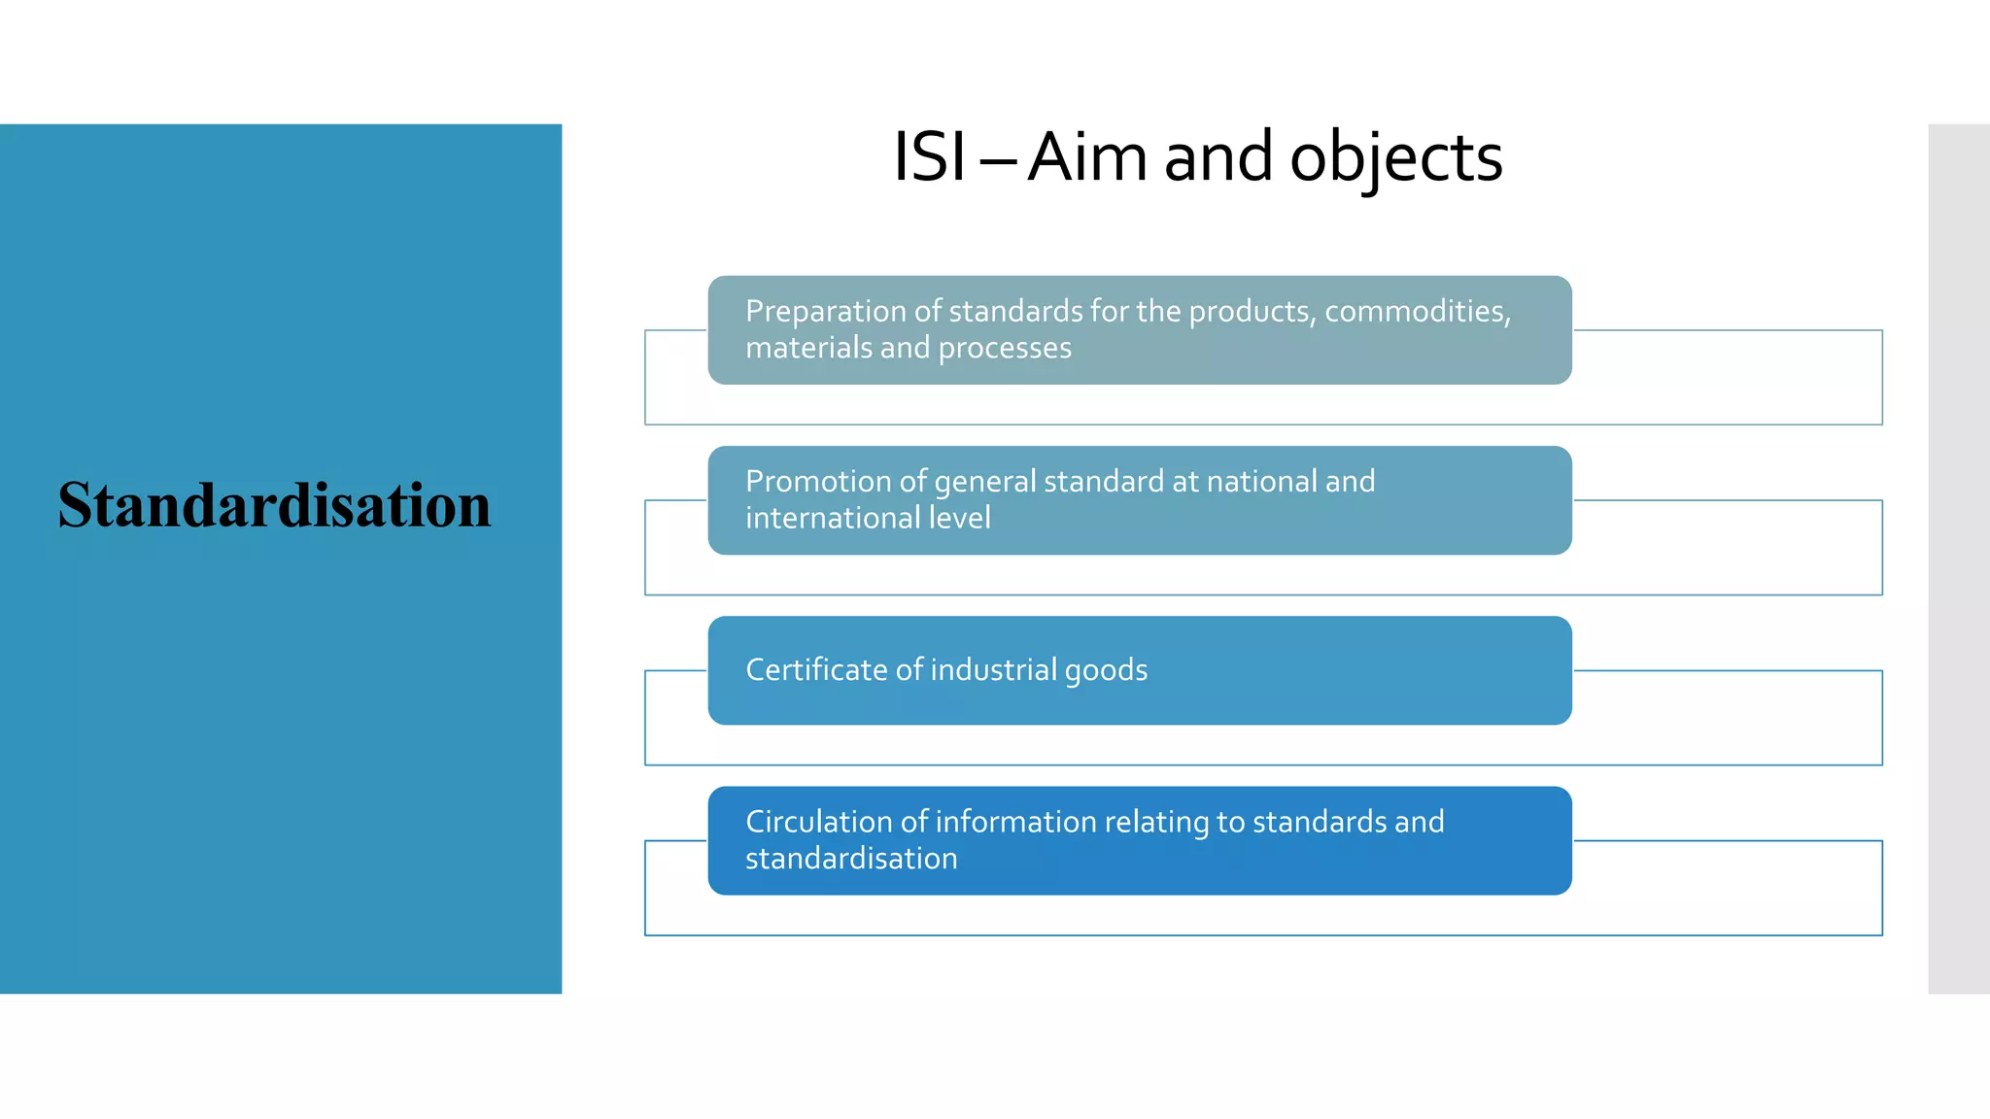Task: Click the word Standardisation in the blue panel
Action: point(274,505)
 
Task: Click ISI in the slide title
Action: point(929,157)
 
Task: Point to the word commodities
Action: point(1417,311)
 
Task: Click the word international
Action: point(833,518)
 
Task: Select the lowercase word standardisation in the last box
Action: point(851,859)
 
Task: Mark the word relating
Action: point(1156,822)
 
